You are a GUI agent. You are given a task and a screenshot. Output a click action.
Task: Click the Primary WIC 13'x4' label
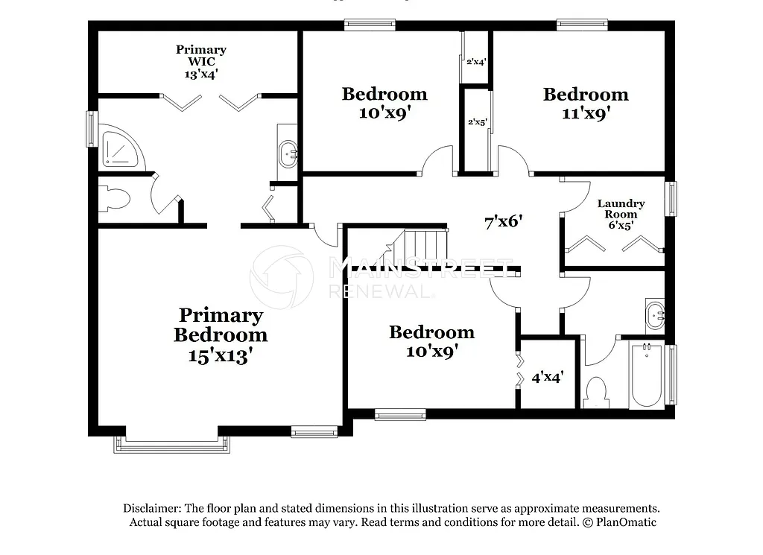click(x=200, y=62)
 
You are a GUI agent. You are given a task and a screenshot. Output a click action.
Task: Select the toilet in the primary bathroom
click(x=114, y=199)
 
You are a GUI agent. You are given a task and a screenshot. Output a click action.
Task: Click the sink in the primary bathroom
click(x=288, y=156)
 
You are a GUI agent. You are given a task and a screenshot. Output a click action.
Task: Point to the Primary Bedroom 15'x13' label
click(x=221, y=335)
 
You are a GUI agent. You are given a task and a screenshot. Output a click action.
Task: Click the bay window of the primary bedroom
click(x=172, y=445)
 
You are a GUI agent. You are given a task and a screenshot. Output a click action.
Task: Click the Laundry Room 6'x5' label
click(x=621, y=214)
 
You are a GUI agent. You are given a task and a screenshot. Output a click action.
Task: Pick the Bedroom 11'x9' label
click(x=586, y=104)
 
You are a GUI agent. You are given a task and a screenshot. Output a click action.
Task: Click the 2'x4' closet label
click(x=475, y=62)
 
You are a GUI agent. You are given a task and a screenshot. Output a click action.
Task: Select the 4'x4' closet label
click(x=547, y=378)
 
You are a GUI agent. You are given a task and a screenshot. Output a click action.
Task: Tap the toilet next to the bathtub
click(x=596, y=392)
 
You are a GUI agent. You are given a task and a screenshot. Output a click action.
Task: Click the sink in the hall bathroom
click(x=655, y=315)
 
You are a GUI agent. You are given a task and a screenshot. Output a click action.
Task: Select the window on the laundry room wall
click(x=673, y=199)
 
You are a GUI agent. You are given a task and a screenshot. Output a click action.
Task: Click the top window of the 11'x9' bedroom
click(x=583, y=25)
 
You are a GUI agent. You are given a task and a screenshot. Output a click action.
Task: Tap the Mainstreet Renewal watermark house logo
click(x=282, y=277)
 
